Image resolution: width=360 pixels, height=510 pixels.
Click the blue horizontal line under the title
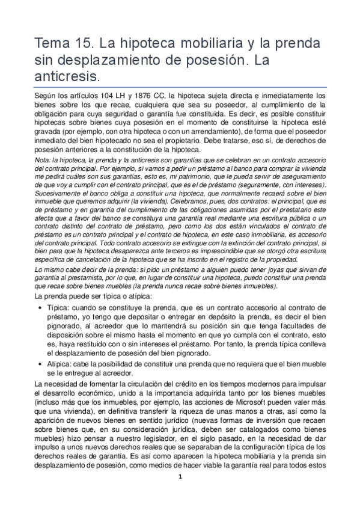180,87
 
